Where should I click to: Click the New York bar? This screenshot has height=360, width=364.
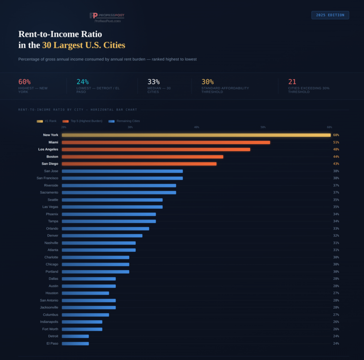click(196, 135)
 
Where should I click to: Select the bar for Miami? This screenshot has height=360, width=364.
click(166, 142)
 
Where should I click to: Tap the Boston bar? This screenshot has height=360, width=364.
click(142, 157)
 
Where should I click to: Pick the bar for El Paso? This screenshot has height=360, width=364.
click(75, 344)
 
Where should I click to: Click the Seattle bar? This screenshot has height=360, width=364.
click(112, 200)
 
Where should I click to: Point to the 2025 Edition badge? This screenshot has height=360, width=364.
click(330, 15)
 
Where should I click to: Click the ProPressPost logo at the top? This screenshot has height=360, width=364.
click(107, 17)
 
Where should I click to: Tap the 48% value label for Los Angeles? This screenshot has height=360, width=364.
click(336, 150)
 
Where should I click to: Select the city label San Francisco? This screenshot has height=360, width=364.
click(47, 178)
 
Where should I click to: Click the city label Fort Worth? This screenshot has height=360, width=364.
click(50, 329)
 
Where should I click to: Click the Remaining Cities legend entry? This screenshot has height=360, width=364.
click(124, 121)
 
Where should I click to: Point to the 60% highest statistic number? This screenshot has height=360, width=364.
click(24, 82)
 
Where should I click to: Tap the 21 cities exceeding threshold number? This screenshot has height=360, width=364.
click(292, 82)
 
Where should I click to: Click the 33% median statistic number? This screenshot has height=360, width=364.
click(154, 82)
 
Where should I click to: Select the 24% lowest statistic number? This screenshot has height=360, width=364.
click(82, 82)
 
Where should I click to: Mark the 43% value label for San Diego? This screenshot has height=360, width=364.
click(336, 164)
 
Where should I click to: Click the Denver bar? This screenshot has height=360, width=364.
click(102, 236)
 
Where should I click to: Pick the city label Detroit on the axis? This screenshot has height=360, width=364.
click(53, 336)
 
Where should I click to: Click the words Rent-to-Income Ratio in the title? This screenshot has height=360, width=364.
click(60, 34)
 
